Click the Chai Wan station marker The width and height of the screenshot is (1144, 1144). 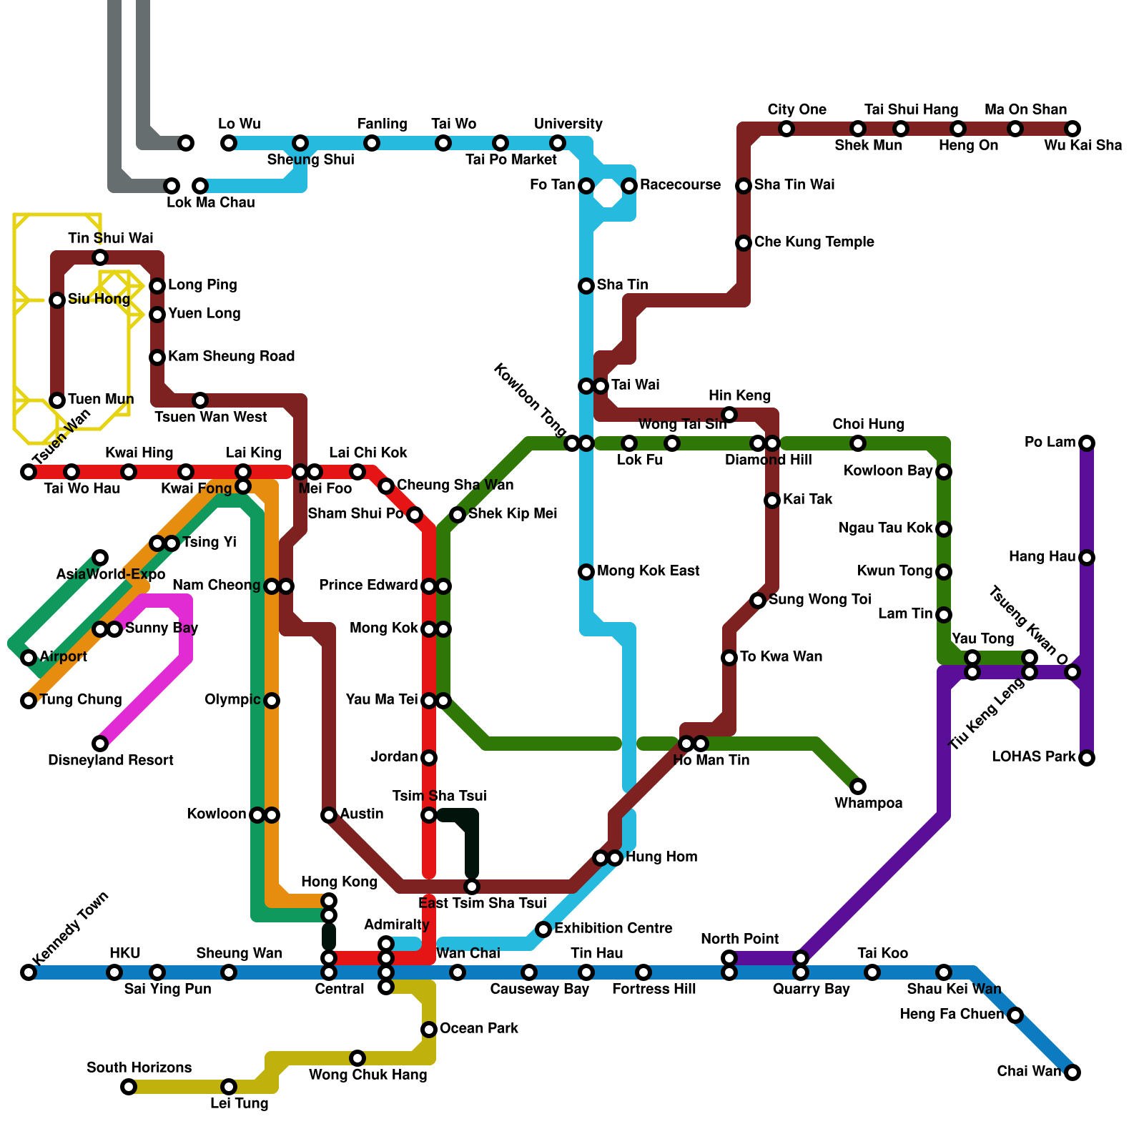pyautogui.click(x=1072, y=1072)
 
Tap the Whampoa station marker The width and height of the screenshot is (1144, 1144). pyautogui.click(x=858, y=786)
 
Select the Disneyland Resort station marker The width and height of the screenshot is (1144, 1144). pyautogui.click(x=100, y=744)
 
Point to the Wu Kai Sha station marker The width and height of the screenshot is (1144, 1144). pyautogui.click(x=1072, y=129)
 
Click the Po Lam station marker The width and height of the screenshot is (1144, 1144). pyautogui.click(x=1087, y=443)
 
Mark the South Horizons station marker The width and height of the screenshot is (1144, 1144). pyautogui.click(x=129, y=1087)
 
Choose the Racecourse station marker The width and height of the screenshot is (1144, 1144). pyautogui.click(x=629, y=186)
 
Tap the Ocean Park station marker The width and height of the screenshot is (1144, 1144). pyautogui.click(x=429, y=1030)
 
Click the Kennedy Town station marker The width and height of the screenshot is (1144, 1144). pyautogui.click(x=29, y=972)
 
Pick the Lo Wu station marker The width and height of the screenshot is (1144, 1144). pyautogui.click(x=229, y=143)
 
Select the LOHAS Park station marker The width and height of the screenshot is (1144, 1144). pyautogui.click(x=1087, y=758)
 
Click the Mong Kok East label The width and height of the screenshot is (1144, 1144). pyautogui.click(x=648, y=571)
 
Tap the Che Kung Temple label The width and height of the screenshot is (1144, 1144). pyautogui.click(x=814, y=242)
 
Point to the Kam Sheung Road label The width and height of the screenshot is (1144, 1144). pyautogui.click(x=231, y=356)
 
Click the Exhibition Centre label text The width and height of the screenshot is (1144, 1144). pyautogui.click(x=613, y=928)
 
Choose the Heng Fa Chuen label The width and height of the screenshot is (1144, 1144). pyautogui.click(x=952, y=1014)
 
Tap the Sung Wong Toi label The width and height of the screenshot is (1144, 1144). pyautogui.click(x=819, y=599)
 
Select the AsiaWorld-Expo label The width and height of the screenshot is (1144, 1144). pyautogui.click(x=111, y=574)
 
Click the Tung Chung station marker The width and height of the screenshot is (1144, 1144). pyautogui.click(x=29, y=701)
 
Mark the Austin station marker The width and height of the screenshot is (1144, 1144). pyautogui.click(x=329, y=815)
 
